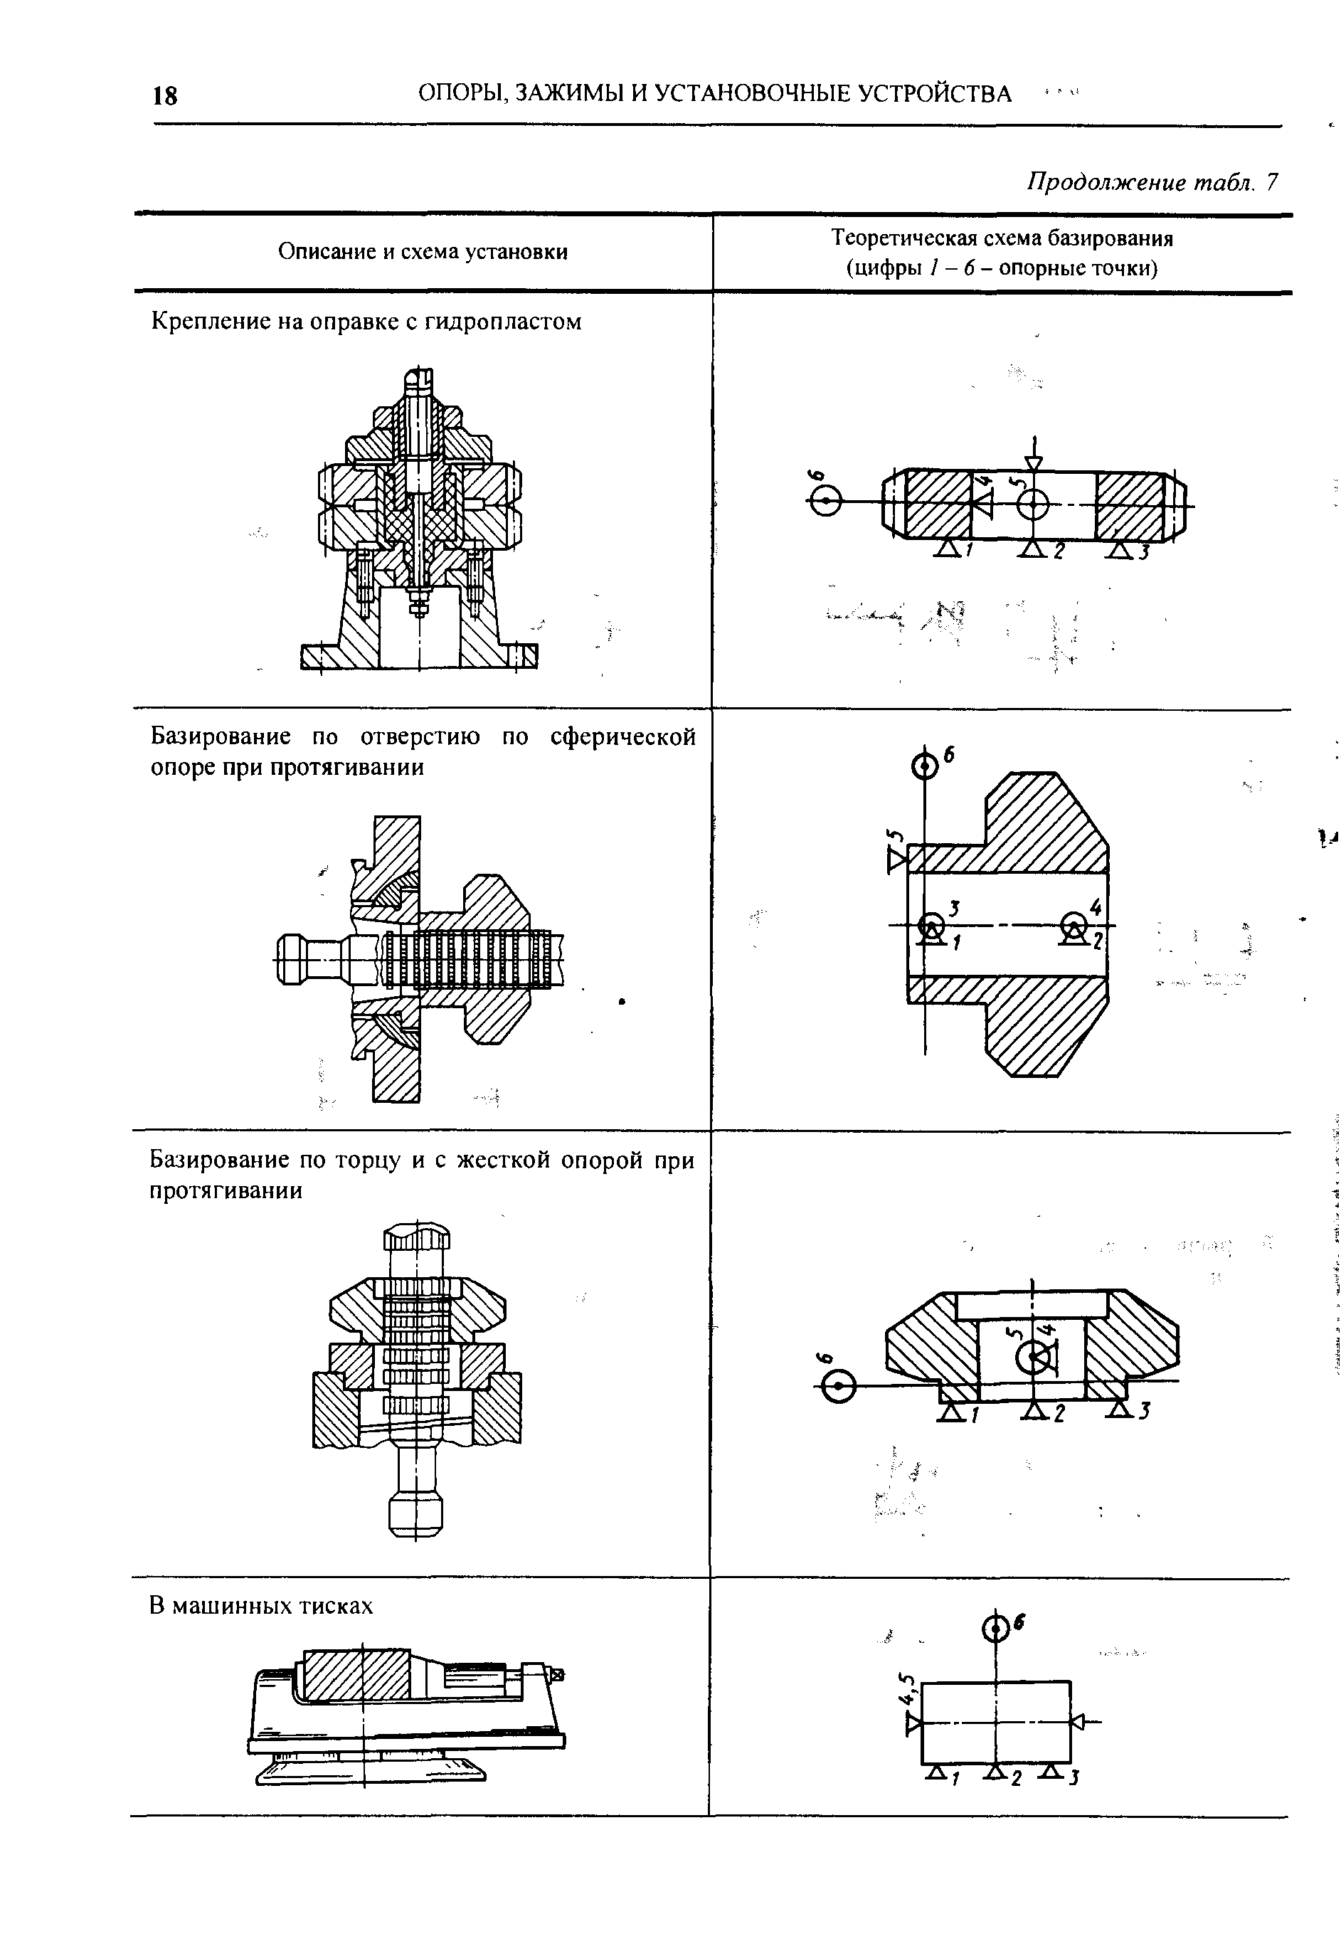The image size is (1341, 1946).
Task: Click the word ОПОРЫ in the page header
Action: click(459, 93)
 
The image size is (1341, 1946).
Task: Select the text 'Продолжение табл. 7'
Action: click(1152, 181)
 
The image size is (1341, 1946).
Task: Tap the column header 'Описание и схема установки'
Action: click(423, 251)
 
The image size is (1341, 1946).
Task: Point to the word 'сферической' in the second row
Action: click(622, 737)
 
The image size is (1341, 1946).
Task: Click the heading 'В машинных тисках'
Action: click(261, 1606)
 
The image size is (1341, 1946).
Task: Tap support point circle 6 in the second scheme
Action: click(924, 766)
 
